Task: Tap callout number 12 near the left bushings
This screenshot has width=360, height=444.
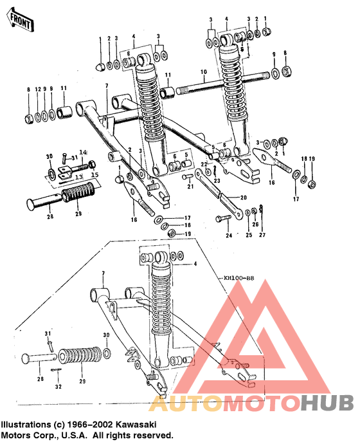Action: tap(38, 88)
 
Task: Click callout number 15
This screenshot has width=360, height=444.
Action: tap(94, 175)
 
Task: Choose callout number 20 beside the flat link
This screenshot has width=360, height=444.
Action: tap(244, 198)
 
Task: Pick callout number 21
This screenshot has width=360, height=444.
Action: tap(190, 187)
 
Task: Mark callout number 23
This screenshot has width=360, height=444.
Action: tap(217, 181)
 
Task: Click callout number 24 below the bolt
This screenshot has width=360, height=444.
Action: tap(228, 236)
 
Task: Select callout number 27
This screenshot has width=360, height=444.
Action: tap(262, 236)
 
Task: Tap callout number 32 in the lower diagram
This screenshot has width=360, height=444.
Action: tap(59, 387)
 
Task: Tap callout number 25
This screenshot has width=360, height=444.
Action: tap(248, 236)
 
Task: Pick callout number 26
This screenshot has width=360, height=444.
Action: tap(255, 225)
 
